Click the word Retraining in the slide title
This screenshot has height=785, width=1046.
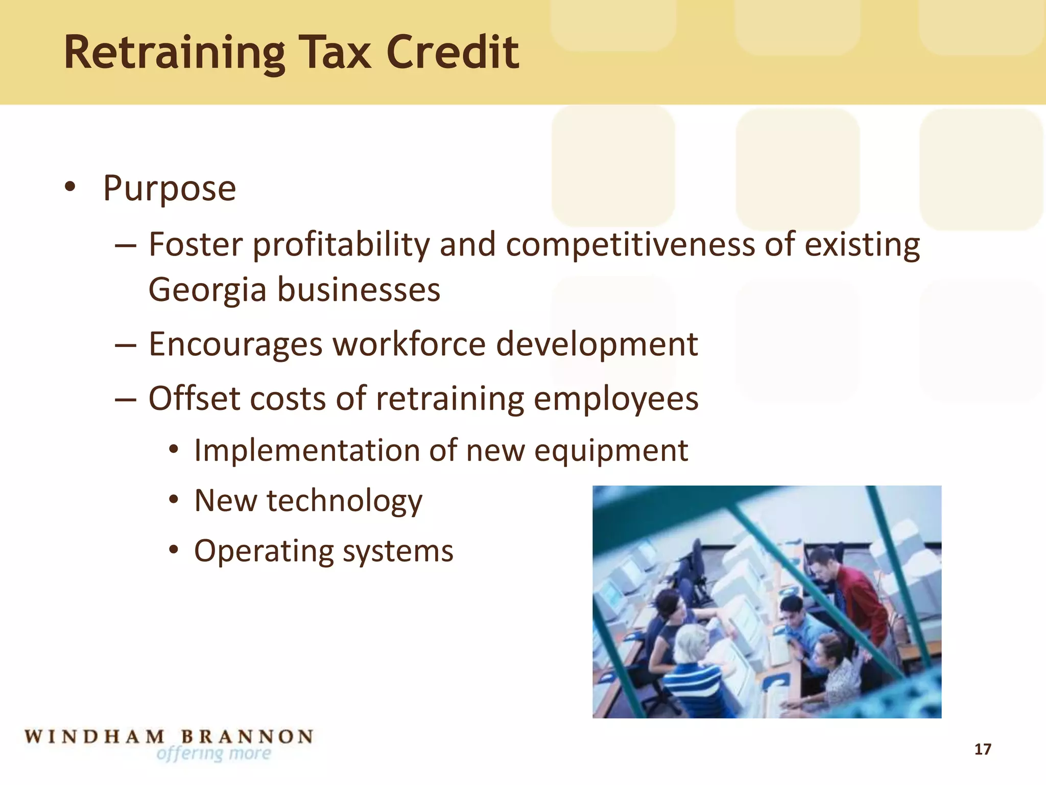pyautogui.click(x=174, y=53)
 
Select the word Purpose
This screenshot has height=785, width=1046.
pyautogui.click(x=169, y=189)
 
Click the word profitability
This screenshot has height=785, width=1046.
pyautogui.click(x=341, y=245)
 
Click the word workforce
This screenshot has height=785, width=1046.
pyautogui.click(x=409, y=344)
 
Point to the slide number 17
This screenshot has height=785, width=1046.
pyautogui.click(x=983, y=749)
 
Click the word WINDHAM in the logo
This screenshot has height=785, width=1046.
pyautogui.click(x=94, y=737)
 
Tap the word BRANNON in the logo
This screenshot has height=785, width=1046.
pyautogui.click(x=247, y=737)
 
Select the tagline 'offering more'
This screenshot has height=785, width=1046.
pyautogui.click(x=214, y=754)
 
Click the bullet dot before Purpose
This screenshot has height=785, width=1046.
pyautogui.click(x=70, y=187)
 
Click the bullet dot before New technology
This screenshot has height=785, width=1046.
pyautogui.click(x=174, y=499)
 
